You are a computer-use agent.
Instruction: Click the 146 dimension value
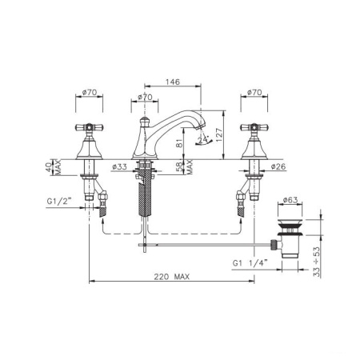[173, 82]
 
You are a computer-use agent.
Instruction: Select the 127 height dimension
[218, 135]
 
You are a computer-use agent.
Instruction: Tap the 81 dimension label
[180, 143]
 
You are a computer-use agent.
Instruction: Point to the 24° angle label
[202, 139]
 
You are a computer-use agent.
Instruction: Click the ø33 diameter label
[119, 167]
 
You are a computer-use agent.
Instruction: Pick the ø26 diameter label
[278, 166]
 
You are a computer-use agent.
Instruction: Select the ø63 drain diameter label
[290, 200]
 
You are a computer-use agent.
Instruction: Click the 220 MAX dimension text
[171, 277]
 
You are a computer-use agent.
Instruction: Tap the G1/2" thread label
[60, 201]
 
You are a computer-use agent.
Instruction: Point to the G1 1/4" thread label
[250, 263]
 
